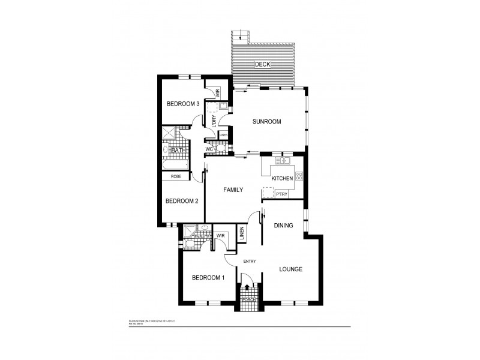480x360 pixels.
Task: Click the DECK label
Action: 262,64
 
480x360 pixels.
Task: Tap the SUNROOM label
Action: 266,122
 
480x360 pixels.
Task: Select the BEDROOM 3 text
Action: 182,104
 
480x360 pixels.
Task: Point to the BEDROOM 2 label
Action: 181,201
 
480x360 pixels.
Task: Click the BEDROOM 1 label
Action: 208,278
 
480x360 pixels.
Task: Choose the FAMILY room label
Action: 233,190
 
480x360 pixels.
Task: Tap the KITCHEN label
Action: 282,179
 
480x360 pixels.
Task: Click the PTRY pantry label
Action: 281,194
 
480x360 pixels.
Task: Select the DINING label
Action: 283,226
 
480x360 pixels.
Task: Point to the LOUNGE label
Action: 290,269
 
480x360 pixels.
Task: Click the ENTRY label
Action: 250,261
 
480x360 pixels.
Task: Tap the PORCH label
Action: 249,299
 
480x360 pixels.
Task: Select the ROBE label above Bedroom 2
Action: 176,176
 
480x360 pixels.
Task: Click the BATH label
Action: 178,151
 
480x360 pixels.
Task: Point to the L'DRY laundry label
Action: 214,120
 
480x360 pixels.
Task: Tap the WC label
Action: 209,149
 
